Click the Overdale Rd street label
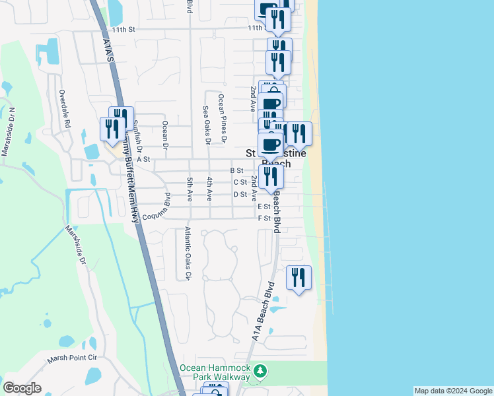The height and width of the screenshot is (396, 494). click(x=64, y=110)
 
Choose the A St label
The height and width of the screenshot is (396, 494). click(x=143, y=159)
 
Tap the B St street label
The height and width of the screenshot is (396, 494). click(x=236, y=170)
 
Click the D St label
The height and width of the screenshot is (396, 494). click(x=240, y=194)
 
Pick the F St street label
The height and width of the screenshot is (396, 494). click(x=264, y=218)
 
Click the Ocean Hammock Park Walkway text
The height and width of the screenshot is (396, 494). click(x=215, y=372)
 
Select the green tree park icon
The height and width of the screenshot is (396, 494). click(x=262, y=372)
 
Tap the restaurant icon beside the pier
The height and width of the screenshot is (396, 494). click(x=299, y=277)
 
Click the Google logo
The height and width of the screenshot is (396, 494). click(x=22, y=388)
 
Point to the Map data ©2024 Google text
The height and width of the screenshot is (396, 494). click(x=453, y=391)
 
